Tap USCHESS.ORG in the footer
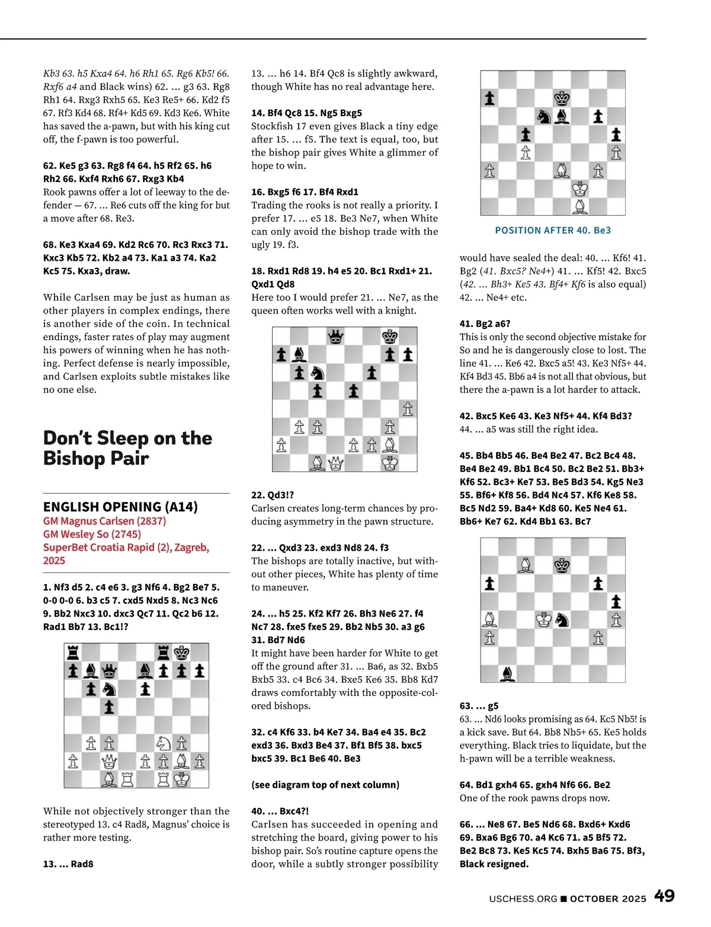click(523, 899)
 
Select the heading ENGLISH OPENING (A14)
click(120, 507)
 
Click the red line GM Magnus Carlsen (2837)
click(104, 521)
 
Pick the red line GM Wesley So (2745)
click(92, 534)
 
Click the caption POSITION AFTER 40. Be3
click(552, 231)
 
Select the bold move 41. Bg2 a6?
click(485, 324)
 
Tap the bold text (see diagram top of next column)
click(325, 785)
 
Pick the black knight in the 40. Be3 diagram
click(544, 117)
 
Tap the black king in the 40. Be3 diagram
click(562, 98)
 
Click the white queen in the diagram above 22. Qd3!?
click(336, 463)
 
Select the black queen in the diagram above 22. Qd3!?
click(336, 337)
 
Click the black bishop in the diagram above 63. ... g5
click(508, 674)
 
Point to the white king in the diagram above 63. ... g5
click(544, 620)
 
